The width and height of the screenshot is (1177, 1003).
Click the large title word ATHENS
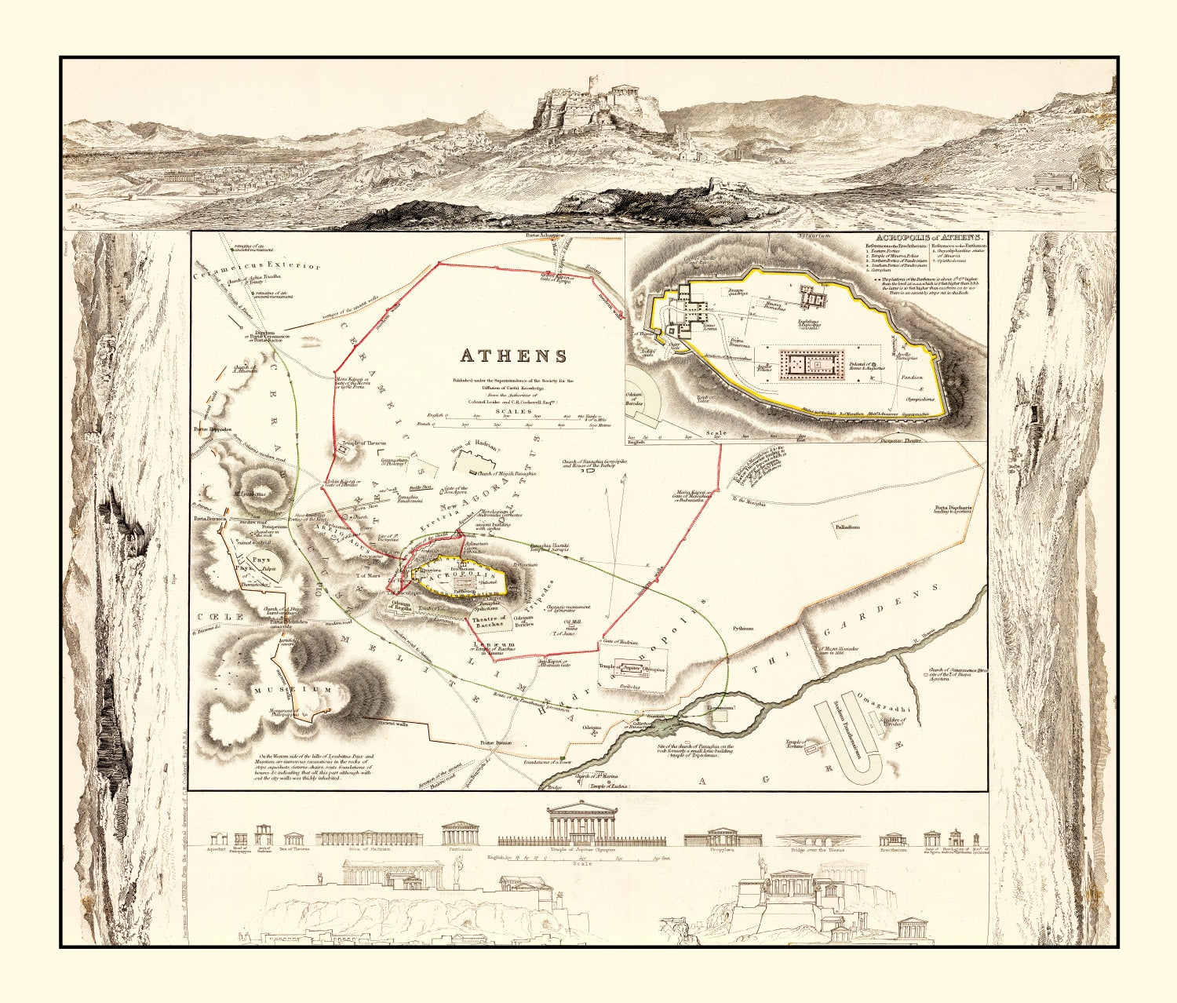pos(513,356)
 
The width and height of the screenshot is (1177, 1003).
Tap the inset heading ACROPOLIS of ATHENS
pos(929,236)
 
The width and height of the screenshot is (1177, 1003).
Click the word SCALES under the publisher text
pos(513,410)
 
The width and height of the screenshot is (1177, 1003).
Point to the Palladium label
pos(847,527)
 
